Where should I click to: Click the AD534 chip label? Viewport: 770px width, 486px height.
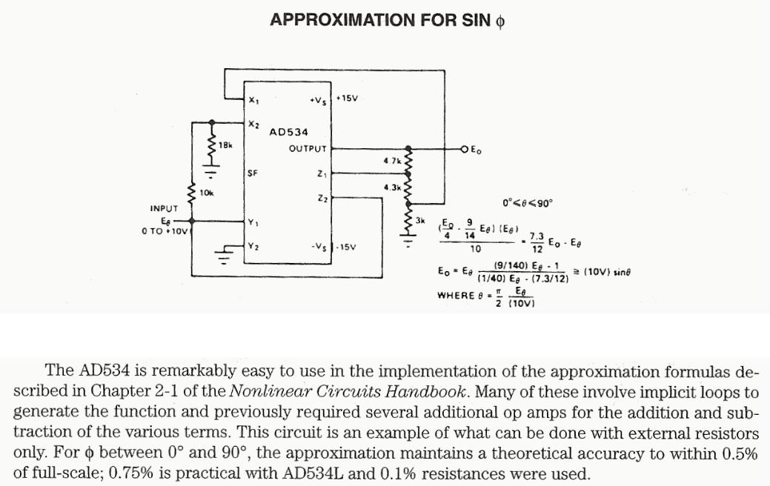coord(288,132)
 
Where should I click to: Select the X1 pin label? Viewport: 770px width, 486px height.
coord(254,100)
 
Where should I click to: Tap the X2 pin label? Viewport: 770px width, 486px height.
coord(254,124)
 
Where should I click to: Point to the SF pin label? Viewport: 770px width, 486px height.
coord(253,173)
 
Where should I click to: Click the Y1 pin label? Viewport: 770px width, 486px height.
coord(254,222)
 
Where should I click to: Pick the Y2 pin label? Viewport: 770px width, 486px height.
coord(254,246)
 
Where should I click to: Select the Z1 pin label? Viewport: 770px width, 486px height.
coord(321,174)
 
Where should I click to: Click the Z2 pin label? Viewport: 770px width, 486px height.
coord(321,199)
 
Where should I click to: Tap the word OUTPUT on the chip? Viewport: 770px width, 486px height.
coord(308,149)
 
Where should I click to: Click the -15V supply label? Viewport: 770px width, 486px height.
coord(346,247)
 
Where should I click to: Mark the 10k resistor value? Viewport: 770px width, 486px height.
coord(207,193)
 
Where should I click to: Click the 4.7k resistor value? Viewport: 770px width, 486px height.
coord(392,160)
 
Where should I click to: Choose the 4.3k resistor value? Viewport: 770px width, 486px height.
coord(392,187)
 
